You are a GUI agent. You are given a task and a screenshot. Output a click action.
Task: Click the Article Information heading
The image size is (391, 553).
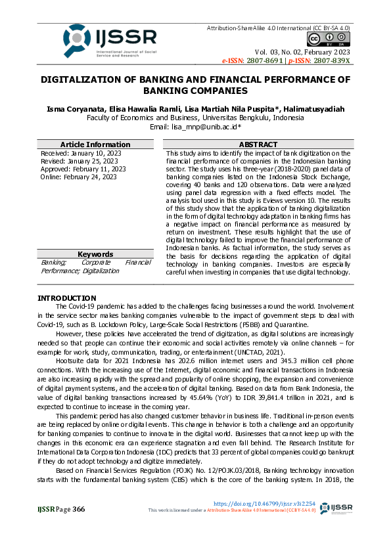[x=95, y=144]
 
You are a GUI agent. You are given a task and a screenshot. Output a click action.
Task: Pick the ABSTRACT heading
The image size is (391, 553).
[x=258, y=144]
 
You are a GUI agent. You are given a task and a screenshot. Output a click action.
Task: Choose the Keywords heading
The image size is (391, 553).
[x=95, y=254]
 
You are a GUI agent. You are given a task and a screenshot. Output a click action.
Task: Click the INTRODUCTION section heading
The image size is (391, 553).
[x=67, y=298]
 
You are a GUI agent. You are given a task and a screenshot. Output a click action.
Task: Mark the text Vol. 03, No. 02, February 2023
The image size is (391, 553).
[x=302, y=52]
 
